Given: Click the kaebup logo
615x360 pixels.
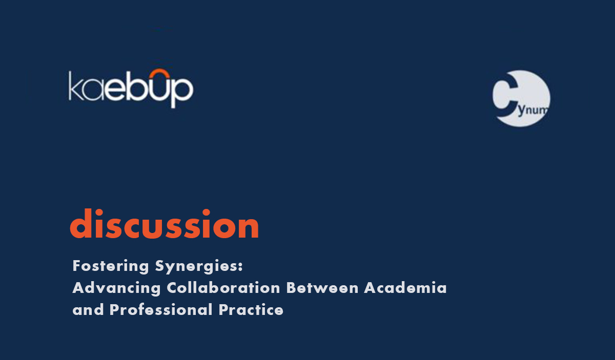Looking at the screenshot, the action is [131, 89].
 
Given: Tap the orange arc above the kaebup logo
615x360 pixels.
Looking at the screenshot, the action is [160, 71].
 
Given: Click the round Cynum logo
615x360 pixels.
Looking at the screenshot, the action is [521, 98].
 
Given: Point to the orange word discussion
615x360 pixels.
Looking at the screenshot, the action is [165, 224].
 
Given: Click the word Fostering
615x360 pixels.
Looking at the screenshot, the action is [111, 266].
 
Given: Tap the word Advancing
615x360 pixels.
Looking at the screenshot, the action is [116, 288].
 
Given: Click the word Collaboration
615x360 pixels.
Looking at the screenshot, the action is [223, 288].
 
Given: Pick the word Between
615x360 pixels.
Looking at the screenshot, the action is [322, 288].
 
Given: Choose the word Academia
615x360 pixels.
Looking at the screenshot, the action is [405, 288].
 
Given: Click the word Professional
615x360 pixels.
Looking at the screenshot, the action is [161, 309].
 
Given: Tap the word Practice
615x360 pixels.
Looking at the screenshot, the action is [251, 309].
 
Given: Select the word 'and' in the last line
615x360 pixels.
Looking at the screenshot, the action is [88, 310].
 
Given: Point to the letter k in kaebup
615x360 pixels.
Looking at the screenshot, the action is [75, 86].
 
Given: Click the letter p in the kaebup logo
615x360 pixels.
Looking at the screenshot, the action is [182, 92].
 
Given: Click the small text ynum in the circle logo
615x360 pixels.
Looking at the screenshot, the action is [533, 110].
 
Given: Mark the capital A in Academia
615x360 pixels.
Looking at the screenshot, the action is [371, 288].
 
